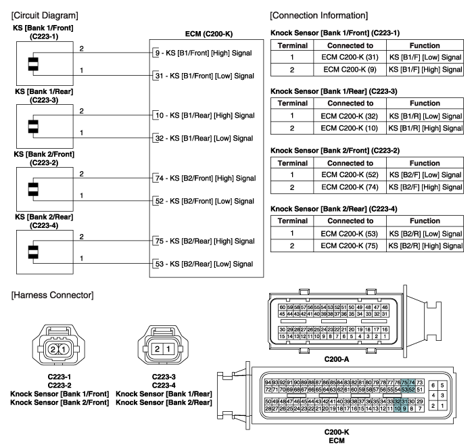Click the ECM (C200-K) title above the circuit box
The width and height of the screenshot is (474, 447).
tap(206, 33)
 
